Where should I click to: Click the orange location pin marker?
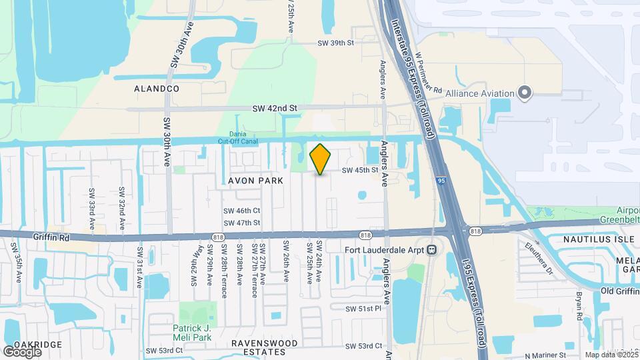click(x=321, y=159)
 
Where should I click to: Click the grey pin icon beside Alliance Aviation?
click(x=525, y=93)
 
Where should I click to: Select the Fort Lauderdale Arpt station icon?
click(x=432, y=250)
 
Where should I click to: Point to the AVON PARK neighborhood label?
click(x=257, y=181)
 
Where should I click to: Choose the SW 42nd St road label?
click(x=274, y=108)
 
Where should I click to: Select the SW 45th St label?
click(x=360, y=170)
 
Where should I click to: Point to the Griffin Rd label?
click(x=51, y=235)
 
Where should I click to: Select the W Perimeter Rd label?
click(x=429, y=73)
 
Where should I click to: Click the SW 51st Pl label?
click(x=363, y=309)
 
